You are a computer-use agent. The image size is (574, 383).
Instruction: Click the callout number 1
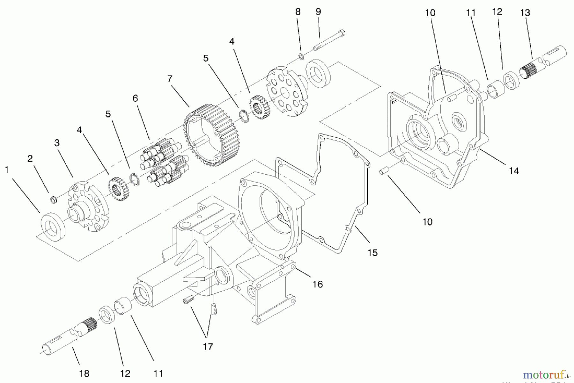[x=7, y=170]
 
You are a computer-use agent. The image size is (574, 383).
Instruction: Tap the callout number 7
[x=170, y=79]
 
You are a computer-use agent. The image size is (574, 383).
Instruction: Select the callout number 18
[x=84, y=373]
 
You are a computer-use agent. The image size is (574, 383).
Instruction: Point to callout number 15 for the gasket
[x=372, y=253]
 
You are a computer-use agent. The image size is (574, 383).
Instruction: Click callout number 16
[x=318, y=284]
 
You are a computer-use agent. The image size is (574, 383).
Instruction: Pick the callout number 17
[x=208, y=346]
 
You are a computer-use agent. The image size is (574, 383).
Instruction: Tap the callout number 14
[x=514, y=171]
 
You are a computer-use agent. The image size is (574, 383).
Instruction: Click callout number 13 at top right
[x=525, y=13]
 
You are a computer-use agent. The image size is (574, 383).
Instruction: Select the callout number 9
[x=318, y=12]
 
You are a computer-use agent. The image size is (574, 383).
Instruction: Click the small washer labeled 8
[x=301, y=56]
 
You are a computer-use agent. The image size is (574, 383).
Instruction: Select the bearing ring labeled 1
[x=53, y=227]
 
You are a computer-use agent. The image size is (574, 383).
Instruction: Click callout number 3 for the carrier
[x=57, y=143]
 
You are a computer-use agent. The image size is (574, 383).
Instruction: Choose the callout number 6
[x=135, y=98]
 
